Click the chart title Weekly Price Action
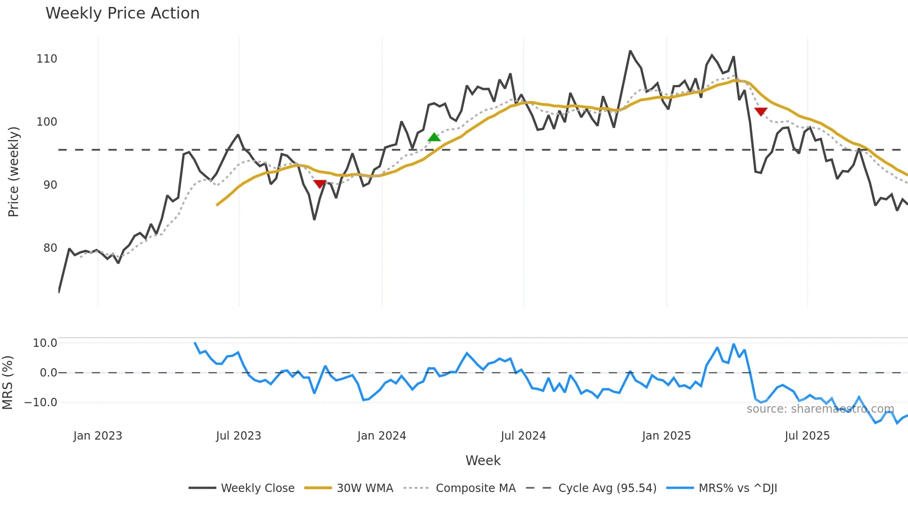pos(122,13)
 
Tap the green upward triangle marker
pos(434,137)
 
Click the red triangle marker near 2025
pos(761,111)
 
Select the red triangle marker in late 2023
pos(320,184)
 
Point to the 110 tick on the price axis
pos(47,59)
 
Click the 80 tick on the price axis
pos(50,248)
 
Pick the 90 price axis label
pos(50,185)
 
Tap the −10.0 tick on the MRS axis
pos(41,402)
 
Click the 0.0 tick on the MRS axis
pos(48,373)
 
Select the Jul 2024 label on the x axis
pos(523,436)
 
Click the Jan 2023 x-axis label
pos(98,436)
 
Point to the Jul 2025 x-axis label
pos(807,436)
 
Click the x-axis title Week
pos(483,460)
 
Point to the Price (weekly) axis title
pos(13,172)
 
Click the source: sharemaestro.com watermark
pos(820,409)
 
